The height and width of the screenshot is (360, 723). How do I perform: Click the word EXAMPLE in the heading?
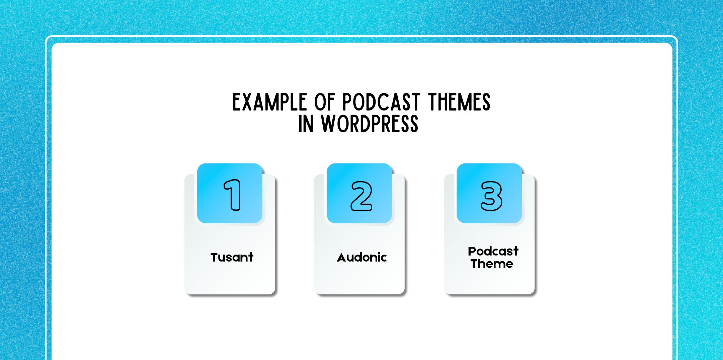pos(269,102)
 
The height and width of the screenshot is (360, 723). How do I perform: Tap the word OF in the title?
pos(324,102)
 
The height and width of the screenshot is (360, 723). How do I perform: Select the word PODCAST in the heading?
pos(381,102)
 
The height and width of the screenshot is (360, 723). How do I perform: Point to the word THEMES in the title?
pos(459,102)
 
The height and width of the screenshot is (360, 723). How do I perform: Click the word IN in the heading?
pos(306,124)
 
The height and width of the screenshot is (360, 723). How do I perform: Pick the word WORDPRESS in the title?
pos(370,124)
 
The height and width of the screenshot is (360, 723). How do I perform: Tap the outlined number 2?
pos(361,196)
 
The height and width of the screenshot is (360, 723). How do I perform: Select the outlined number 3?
pos(491,196)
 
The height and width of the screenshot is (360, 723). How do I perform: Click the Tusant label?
pos(232,258)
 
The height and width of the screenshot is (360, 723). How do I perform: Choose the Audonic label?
pos(362,258)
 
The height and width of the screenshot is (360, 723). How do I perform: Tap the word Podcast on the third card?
pos(493,251)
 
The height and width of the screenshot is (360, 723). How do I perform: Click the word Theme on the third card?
pos(492,264)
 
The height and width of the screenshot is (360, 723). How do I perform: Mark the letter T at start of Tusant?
pos(215,258)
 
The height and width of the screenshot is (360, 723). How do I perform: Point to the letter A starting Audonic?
pos(341,258)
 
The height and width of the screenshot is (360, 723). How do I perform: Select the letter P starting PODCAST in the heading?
pos(347,102)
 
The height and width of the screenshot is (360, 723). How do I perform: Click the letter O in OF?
pos(320,102)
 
